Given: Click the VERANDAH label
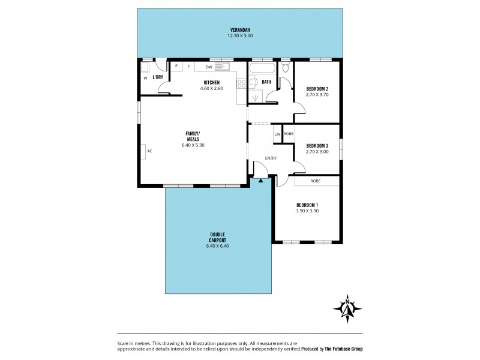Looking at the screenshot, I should coord(239,31).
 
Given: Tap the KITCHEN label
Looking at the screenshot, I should coord(211,83).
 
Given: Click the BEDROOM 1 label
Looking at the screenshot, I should coord(307,205).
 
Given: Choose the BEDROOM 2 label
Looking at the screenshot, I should coord(316,88).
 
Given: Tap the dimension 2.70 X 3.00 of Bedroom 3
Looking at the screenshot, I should coord(316,152).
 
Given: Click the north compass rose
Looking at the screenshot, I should coord(347,308).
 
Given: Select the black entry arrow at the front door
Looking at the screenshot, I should coord(261,179).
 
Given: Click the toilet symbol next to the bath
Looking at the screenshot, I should coord(285,69).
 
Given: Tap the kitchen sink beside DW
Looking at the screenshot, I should coord(223,67).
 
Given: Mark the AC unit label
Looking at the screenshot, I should coord(149,151).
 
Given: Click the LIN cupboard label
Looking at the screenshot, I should coord(277,134).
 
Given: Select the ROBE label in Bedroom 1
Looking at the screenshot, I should coord(314,181).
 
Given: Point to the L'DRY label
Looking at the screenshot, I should coord(158,77).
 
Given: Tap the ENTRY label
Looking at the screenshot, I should coord(271,159).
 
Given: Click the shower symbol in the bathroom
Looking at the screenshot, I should coord(256,95).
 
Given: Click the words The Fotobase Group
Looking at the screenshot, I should coord(341,349).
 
